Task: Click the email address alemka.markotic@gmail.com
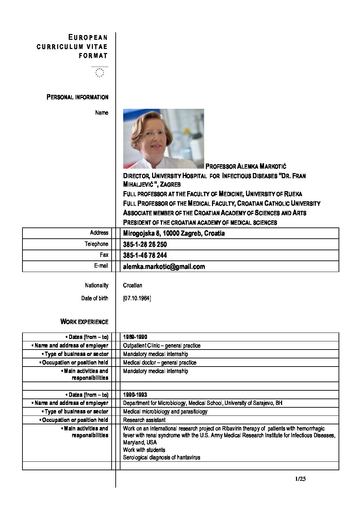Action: click(164, 267)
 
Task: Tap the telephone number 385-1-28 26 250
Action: click(145, 244)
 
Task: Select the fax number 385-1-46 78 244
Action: click(145, 255)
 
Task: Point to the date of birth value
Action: click(137, 299)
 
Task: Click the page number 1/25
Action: click(301, 479)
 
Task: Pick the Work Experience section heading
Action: click(84, 322)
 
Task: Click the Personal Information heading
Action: click(78, 97)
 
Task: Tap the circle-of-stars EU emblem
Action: click(100, 72)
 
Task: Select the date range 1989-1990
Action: click(135, 337)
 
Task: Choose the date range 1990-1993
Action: click(135, 395)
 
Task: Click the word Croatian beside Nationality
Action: click(132, 285)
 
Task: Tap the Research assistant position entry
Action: click(144, 420)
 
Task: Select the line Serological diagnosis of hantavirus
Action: click(162, 457)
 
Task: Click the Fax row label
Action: click(104, 255)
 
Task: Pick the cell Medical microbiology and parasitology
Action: click(165, 411)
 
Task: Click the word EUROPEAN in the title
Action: click(88, 37)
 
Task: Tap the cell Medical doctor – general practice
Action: click(160, 362)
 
